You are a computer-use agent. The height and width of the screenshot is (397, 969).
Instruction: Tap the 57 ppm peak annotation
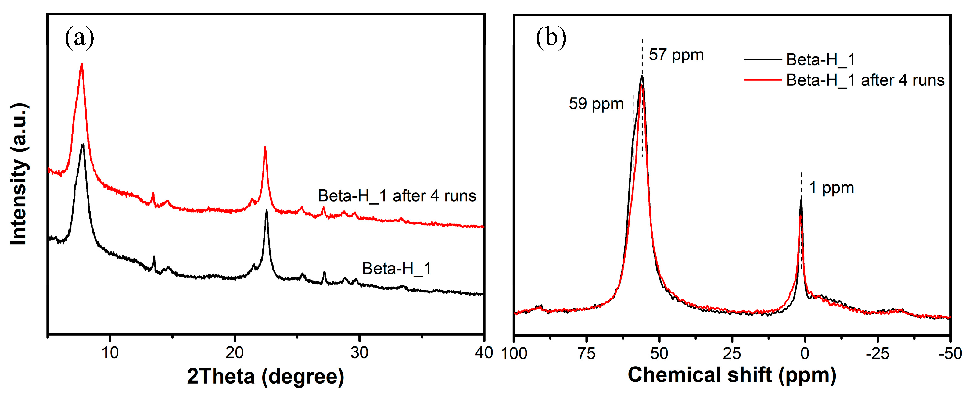676,55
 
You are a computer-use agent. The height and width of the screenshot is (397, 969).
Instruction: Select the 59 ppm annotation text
596,104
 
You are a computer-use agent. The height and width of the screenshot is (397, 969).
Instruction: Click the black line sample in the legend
762,59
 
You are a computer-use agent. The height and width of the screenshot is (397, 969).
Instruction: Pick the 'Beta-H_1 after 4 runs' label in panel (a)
397,196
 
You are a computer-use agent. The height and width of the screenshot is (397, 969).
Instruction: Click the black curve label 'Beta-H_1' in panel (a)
396,268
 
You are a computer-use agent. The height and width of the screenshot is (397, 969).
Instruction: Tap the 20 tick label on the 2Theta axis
234,353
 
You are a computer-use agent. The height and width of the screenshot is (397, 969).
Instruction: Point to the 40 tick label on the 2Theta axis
483,353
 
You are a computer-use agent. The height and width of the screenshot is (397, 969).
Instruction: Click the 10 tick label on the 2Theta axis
110,353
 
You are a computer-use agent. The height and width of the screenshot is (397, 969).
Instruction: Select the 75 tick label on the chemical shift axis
587,353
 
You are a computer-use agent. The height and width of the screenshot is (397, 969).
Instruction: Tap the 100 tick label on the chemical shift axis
514,353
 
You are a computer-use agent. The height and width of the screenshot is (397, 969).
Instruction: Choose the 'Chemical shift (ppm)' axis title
732,375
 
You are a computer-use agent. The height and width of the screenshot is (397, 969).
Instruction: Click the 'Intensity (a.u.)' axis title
19,174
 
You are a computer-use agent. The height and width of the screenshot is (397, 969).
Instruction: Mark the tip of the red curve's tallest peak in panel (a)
82,65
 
